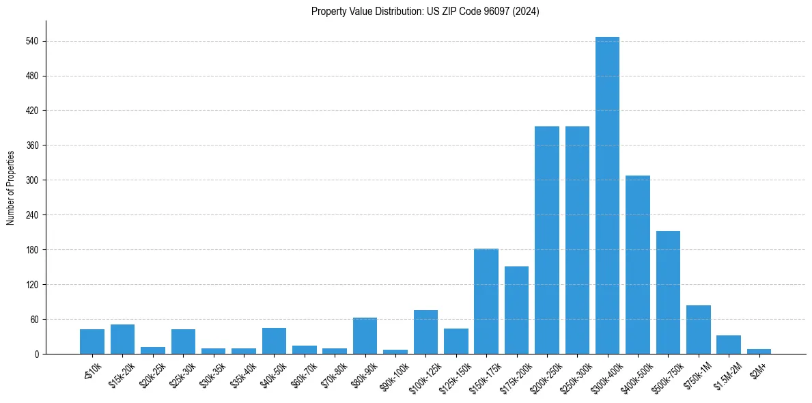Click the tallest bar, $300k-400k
[x=607, y=195]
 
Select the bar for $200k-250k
[x=546, y=240]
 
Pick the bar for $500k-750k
[x=668, y=292]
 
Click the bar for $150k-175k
[x=486, y=301]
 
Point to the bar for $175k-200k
[x=516, y=310]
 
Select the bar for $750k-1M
[x=698, y=330]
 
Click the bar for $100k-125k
[x=425, y=332]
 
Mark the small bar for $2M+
[x=759, y=351]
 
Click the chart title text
[x=425, y=12]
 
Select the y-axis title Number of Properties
[x=10, y=187]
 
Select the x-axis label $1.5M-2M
[x=724, y=374]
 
